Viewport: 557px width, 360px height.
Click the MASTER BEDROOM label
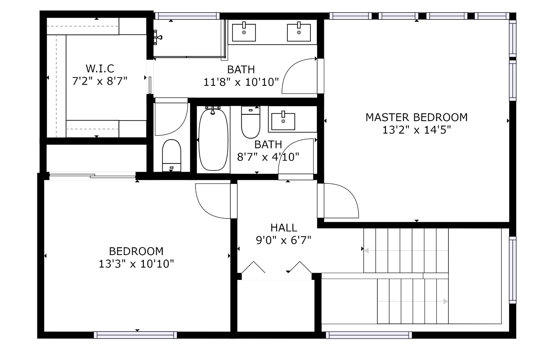pos(416,117)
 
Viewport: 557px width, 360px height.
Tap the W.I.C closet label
pos(100,68)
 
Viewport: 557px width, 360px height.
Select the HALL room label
pos(284,228)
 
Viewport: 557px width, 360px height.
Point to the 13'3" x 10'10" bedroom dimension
pos(136,264)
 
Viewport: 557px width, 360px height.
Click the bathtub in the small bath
pos(213,140)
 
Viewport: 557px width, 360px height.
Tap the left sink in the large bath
pos(244,32)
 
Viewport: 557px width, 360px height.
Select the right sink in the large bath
pos(299,32)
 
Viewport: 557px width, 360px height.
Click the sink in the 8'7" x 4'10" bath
pos(283,120)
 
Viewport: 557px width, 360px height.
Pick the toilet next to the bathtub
pos(251,122)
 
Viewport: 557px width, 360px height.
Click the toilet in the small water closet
pos(172,155)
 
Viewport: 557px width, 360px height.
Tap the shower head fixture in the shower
pos(157,37)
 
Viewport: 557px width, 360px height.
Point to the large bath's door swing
pos(299,76)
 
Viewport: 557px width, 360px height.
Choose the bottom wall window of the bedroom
pos(135,335)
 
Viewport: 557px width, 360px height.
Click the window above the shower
pos(187,16)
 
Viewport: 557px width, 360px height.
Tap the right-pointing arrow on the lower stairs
pos(413,301)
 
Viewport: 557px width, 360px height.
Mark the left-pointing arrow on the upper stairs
pos(406,251)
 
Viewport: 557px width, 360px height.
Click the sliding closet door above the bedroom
pos(92,176)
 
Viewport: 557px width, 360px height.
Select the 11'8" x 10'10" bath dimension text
pos(241,82)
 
